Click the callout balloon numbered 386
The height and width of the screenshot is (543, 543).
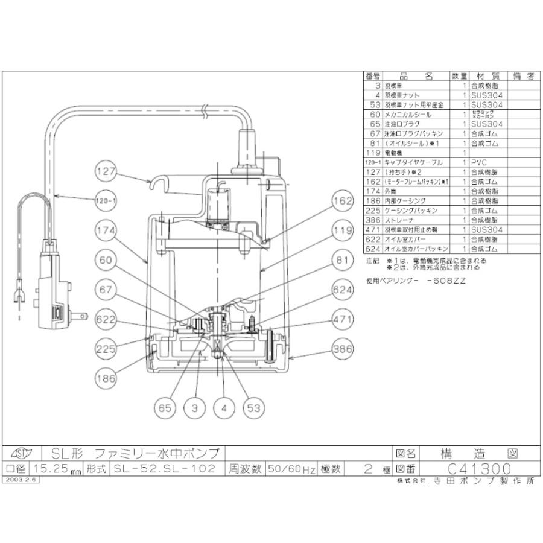point(341,349)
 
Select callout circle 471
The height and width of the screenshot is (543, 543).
point(341,320)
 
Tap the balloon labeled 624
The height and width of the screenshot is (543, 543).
point(341,291)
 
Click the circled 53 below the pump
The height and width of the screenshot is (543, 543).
point(253,408)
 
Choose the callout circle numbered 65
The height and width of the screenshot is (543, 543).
point(165,408)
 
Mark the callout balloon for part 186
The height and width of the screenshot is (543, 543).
point(106,378)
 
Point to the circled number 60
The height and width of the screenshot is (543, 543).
point(106,261)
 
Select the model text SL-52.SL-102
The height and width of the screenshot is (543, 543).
point(164,469)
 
